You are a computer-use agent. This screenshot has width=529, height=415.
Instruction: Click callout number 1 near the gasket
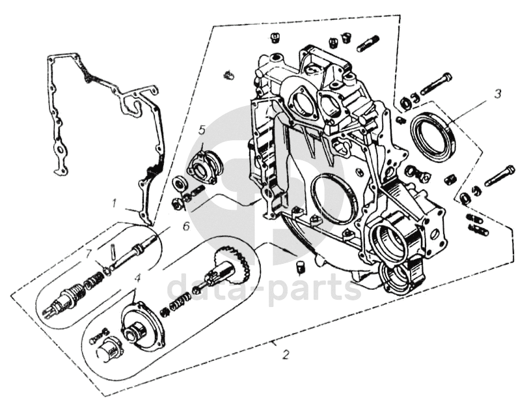tap(115, 204)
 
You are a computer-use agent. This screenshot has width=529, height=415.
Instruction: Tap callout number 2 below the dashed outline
tap(286, 354)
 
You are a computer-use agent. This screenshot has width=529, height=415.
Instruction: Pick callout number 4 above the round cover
tap(137, 279)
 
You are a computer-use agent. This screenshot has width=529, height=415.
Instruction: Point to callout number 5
tap(202, 130)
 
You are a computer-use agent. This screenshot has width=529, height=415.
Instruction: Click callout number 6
tap(186, 226)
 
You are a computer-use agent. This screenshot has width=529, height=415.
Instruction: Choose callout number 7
tap(88, 253)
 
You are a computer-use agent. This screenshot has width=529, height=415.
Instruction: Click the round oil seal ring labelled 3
tap(434, 132)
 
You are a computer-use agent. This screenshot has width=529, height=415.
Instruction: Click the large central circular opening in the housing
tap(334, 199)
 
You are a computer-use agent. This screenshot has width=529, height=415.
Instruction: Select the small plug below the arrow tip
tap(301, 267)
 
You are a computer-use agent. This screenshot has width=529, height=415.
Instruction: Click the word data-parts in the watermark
tap(264, 288)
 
